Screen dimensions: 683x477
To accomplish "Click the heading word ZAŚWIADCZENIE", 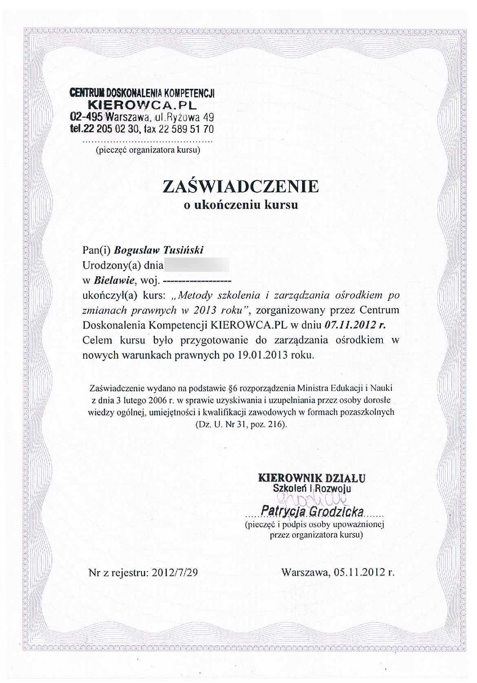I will click(240, 186).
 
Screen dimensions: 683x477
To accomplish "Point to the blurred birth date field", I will click(196, 265).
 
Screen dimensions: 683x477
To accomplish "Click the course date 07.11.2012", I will click(350, 325).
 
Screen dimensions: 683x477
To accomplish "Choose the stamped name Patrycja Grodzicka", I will click(314, 511).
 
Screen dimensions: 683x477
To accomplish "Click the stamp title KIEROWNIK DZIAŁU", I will click(312, 477).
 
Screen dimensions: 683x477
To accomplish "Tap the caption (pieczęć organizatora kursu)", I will click(148, 150).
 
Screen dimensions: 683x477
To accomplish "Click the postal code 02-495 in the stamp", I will click(87, 117).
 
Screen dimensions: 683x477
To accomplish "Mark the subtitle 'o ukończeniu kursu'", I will click(241, 205).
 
